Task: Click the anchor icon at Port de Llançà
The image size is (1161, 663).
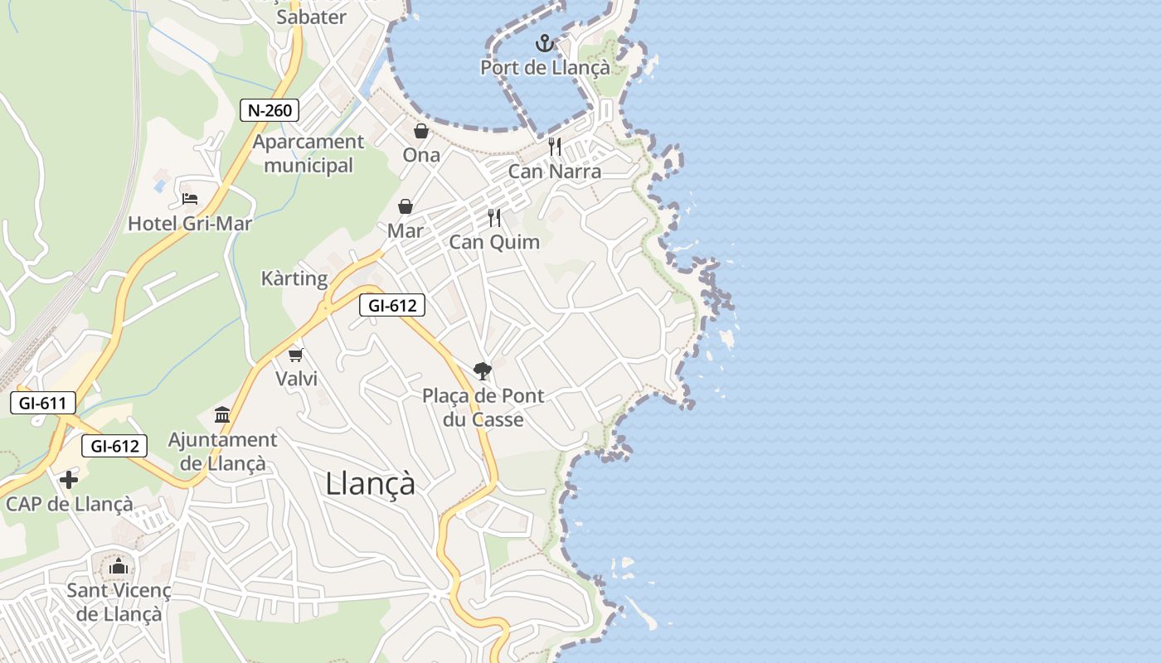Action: [545, 42]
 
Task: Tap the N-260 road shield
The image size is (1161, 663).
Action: [270, 109]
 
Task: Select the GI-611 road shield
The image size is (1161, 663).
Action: [43, 404]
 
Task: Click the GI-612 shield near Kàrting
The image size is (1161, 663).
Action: [392, 305]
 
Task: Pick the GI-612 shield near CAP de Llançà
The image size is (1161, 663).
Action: [114, 446]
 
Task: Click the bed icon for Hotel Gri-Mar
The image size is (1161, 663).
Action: [190, 199]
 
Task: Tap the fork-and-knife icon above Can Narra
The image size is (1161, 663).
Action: [555, 147]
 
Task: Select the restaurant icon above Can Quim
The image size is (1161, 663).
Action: [494, 218]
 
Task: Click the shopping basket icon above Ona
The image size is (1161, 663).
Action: [421, 131]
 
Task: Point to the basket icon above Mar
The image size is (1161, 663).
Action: [406, 206]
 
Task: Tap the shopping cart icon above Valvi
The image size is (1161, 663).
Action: [295, 355]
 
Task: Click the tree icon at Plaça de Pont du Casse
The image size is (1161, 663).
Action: [482, 370]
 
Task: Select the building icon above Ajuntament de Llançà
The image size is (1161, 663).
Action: [222, 414]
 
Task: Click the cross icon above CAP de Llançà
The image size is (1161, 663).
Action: [69, 479]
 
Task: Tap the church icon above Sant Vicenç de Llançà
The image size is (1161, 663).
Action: [119, 566]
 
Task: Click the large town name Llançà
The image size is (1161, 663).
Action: [370, 484]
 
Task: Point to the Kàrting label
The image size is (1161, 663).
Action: [294, 278]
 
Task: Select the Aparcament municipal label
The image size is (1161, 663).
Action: [308, 153]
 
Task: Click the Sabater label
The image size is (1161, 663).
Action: [312, 17]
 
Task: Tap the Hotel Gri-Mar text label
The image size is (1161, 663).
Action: [190, 224]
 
